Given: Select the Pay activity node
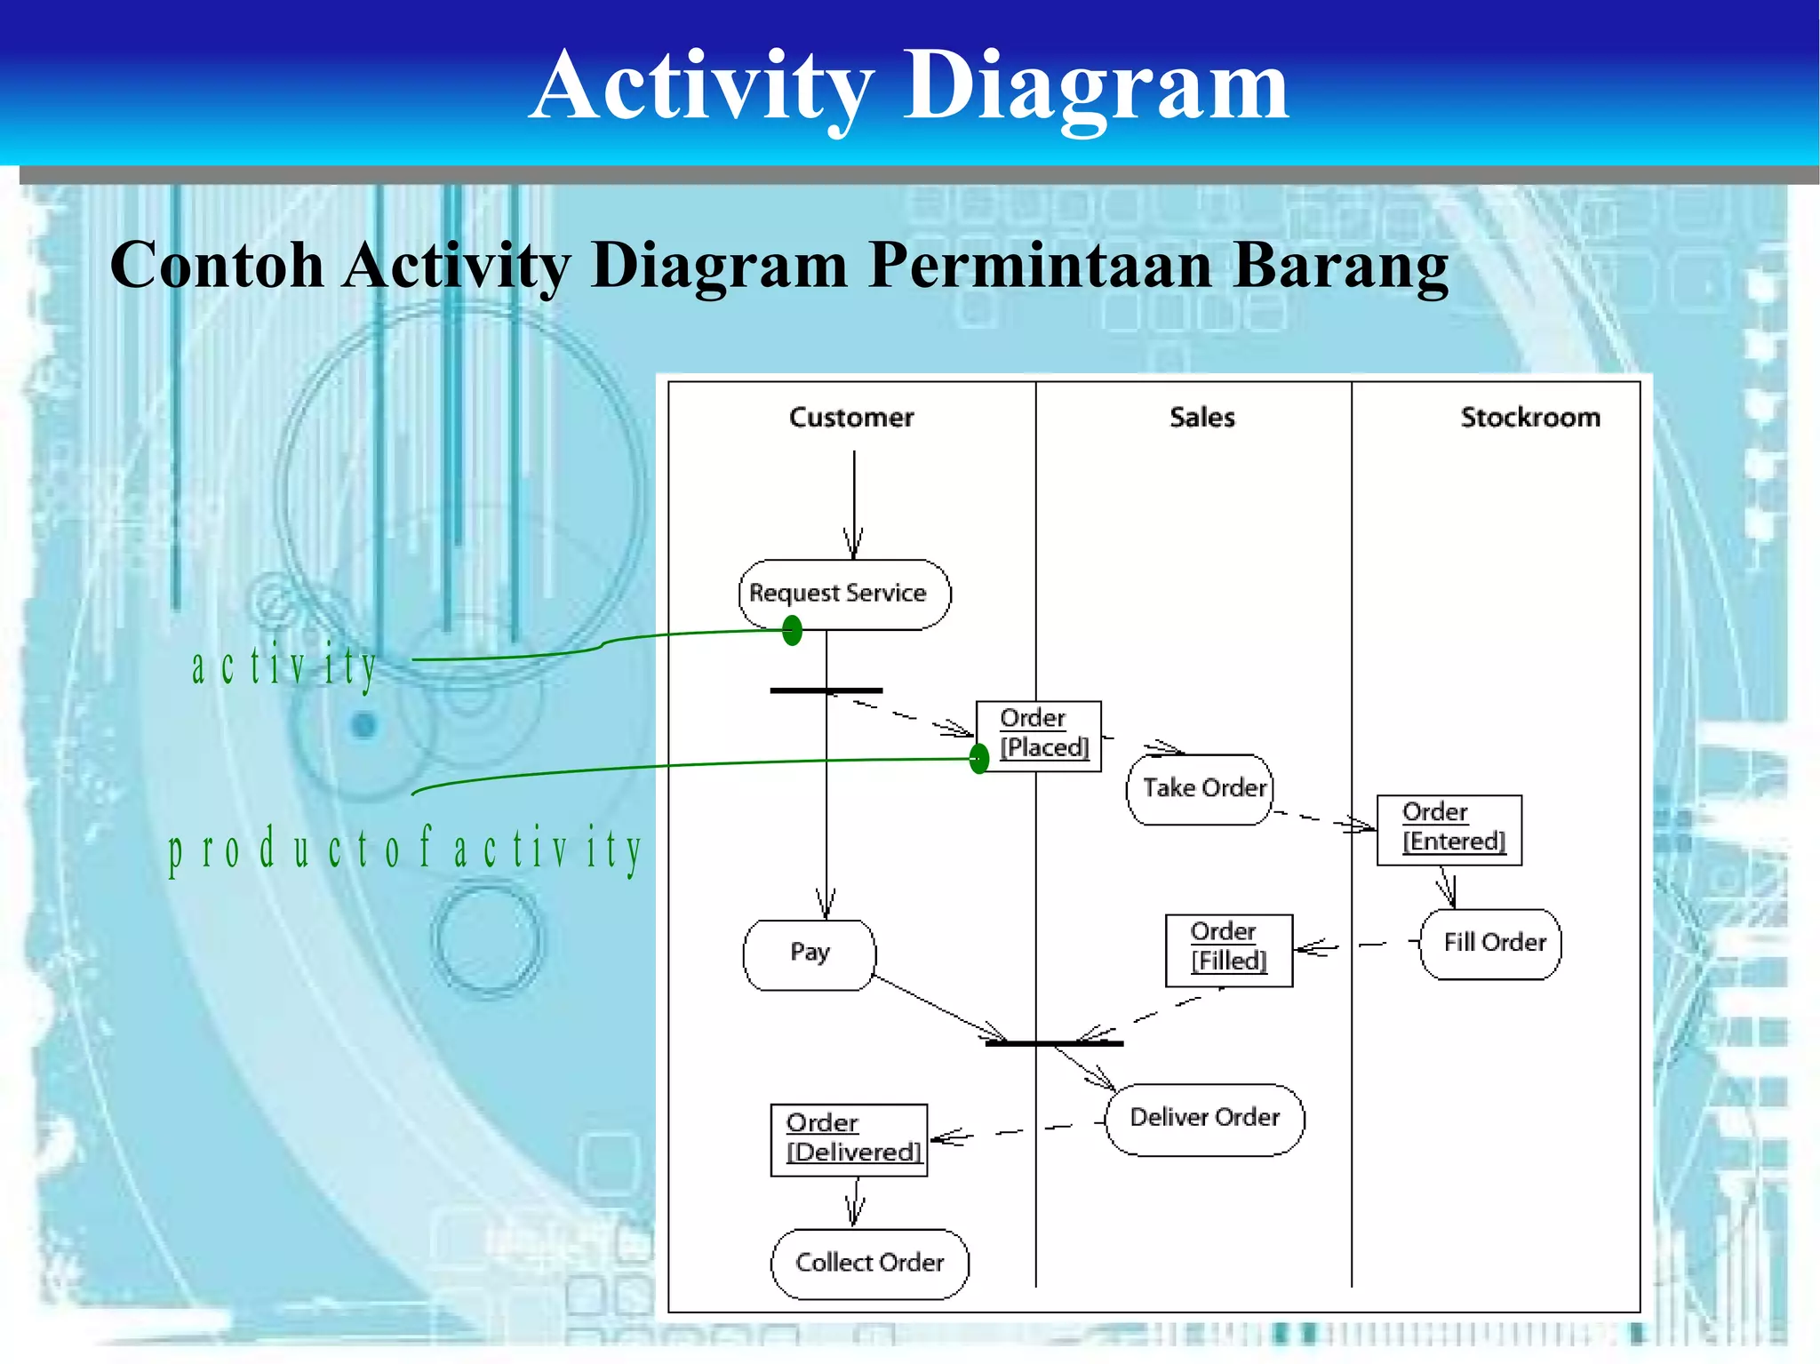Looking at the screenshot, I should (810, 954).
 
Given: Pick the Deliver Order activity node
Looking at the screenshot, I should (1204, 1119).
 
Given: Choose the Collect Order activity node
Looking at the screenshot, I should (869, 1264).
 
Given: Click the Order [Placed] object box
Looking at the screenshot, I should (1040, 735).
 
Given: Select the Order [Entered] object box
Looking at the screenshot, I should (1449, 829).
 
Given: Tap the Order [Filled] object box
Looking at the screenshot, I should (1228, 949).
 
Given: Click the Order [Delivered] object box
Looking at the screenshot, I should (849, 1139).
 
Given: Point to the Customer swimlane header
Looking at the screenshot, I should (850, 418).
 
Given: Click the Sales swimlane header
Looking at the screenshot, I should (1201, 418).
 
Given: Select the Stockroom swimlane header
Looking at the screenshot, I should (1529, 418).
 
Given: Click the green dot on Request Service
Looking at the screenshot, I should (792, 631).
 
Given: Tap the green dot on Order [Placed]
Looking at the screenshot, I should (978, 758).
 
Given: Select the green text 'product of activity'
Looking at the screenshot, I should (405, 849).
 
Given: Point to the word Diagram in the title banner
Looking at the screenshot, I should (1095, 86).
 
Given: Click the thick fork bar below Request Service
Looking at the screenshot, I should (826, 690).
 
